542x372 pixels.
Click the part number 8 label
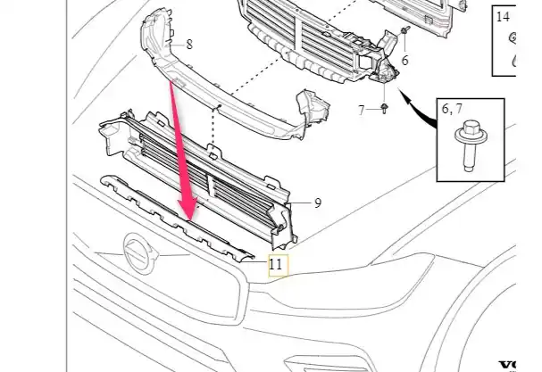[x=189, y=45]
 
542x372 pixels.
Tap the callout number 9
[x=318, y=203]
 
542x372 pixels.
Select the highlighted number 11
[x=275, y=265]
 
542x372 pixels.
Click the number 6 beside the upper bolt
[x=404, y=60]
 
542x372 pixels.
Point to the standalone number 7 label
[x=362, y=111]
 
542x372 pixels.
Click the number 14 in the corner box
[x=503, y=17]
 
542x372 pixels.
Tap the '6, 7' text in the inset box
[x=452, y=109]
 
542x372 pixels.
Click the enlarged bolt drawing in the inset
[x=471, y=145]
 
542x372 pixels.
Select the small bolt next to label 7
[x=384, y=108]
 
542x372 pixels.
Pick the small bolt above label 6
[x=405, y=30]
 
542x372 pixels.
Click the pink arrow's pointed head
[x=188, y=209]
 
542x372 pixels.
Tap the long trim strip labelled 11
[x=177, y=219]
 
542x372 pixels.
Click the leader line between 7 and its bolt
[x=373, y=110]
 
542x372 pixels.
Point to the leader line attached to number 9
[x=300, y=203]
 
